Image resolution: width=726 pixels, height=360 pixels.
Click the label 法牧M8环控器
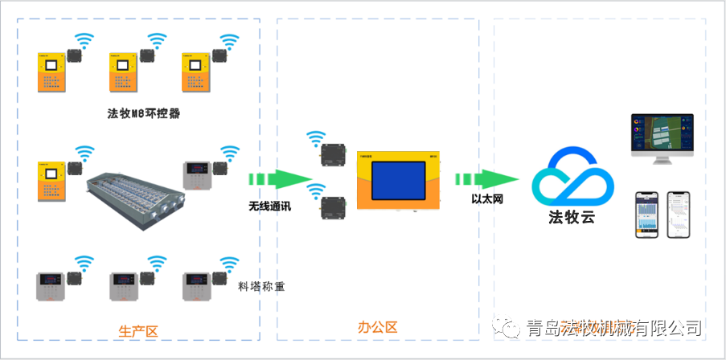pyautogui.click(x=143, y=113)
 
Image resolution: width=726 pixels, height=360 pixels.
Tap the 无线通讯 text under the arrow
pyautogui.click(x=269, y=206)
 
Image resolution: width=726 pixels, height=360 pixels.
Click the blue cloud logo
pyautogui.click(x=572, y=177)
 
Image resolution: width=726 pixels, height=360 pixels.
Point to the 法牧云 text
pyautogui.click(x=572, y=217)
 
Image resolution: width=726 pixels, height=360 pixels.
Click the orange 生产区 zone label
pyautogui.click(x=138, y=330)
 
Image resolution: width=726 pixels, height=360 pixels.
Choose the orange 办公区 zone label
pyautogui.click(x=377, y=327)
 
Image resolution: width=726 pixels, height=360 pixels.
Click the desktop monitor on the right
pyautogui.click(x=662, y=137)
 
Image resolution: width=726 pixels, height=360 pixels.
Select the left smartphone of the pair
pyautogui.click(x=647, y=214)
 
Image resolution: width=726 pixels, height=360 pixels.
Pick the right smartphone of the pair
pyautogui.click(x=679, y=214)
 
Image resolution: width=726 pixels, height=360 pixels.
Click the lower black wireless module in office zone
pyautogui.click(x=331, y=207)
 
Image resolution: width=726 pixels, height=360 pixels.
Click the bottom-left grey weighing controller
pyautogui.click(x=53, y=287)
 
